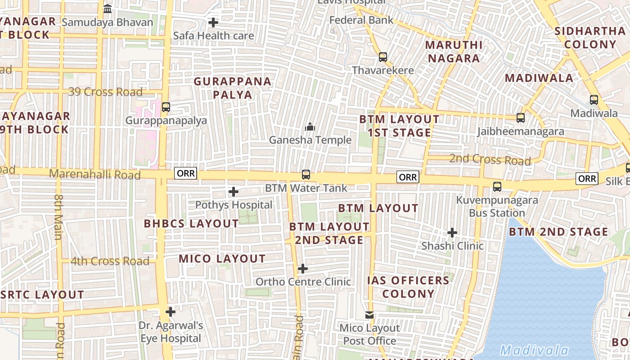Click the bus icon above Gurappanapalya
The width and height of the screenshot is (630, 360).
point(166,107)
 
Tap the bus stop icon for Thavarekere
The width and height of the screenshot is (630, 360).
point(383,57)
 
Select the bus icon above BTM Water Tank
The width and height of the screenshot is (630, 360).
point(306,174)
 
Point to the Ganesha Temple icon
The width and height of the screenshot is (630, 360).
point(310,127)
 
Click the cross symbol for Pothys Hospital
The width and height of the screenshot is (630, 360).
point(234,192)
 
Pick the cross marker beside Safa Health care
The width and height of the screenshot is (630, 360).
point(213,22)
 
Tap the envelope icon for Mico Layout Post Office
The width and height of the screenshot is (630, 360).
point(369,315)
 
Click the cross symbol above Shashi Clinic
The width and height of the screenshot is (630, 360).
point(452,233)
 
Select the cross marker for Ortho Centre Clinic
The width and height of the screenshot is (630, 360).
point(303,269)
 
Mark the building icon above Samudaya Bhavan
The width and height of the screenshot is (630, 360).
point(108,9)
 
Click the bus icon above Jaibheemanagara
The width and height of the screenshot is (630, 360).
point(521,118)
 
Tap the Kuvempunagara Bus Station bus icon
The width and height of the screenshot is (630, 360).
point(497,186)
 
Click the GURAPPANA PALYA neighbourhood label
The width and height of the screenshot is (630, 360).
point(233,88)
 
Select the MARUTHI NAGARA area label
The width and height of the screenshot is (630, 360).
point(454,51)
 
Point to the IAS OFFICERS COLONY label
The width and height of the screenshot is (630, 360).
point(409,287)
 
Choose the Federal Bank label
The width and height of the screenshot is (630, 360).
point(361,20)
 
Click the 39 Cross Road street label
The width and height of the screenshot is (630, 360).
point(105,92)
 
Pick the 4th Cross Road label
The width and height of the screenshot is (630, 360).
point(110,261)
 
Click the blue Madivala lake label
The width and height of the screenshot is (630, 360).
point(534,350)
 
